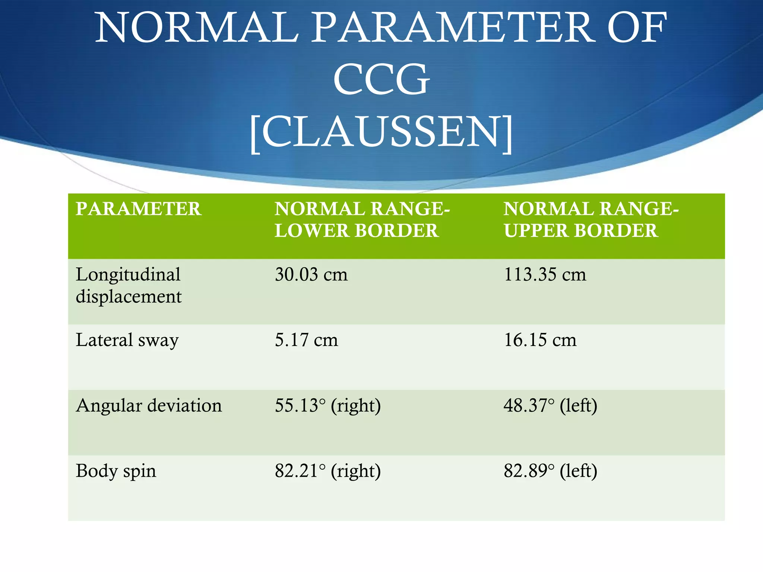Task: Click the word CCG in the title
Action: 381,80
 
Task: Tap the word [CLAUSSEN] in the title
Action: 381,132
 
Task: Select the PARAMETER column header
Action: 139,209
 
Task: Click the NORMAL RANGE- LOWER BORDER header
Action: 362,220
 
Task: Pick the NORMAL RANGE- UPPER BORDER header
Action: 591,220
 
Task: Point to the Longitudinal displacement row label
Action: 129,285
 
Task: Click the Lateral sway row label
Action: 127,340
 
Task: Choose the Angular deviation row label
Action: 149,406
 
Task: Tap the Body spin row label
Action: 116,471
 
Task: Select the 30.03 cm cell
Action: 311,275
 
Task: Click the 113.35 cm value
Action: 545,275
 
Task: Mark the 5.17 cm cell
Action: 306,340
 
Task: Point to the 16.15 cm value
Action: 540,340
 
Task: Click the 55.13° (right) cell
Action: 328,406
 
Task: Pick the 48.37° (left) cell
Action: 550,406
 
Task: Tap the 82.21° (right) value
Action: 328,471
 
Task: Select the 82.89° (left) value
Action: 550,471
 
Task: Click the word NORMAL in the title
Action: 197,28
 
